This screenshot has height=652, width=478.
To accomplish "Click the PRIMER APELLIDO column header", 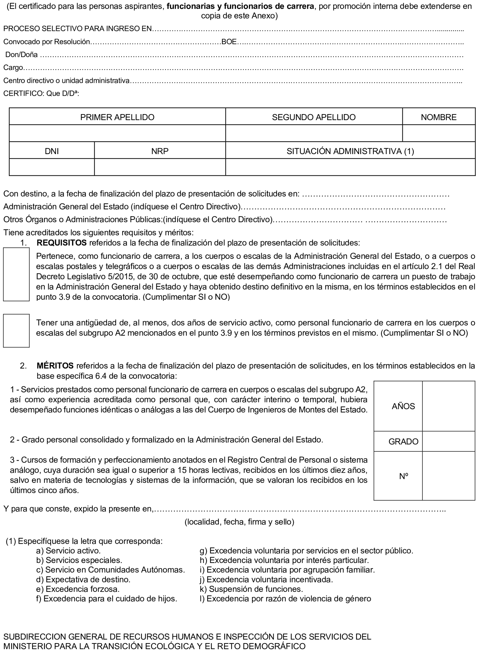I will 117,117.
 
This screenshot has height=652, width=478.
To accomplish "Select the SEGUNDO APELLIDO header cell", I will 314,117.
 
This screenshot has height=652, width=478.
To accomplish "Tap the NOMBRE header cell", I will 438,117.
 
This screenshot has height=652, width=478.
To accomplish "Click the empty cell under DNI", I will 52,167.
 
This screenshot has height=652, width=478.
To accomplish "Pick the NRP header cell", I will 160,151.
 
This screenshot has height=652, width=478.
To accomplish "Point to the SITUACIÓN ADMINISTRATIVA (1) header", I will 350,151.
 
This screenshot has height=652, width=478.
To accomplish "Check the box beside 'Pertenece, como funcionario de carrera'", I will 16,274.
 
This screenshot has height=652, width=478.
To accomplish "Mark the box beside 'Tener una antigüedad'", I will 16,330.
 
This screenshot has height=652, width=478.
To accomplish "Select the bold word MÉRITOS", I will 55,366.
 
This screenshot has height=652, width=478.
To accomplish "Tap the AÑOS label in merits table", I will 403,406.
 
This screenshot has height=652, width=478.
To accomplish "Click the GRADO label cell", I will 403,442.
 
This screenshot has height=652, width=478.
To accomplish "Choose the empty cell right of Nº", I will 448,476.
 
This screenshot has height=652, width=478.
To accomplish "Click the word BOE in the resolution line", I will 229,42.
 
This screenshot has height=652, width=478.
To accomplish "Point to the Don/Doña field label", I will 22,55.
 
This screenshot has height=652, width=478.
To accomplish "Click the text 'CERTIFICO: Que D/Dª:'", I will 41,93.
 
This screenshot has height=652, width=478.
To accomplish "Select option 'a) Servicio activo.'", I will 69,551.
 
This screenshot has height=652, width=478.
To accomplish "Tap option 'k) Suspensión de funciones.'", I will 251,589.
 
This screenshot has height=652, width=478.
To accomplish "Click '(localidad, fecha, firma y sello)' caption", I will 239,522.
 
